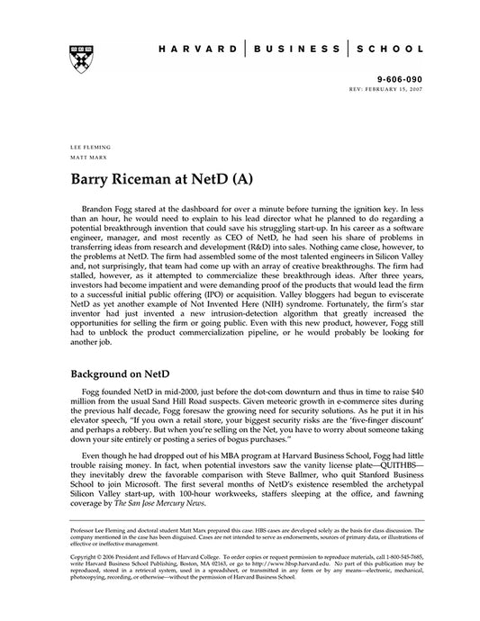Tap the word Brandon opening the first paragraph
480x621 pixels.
tap(108, 208)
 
